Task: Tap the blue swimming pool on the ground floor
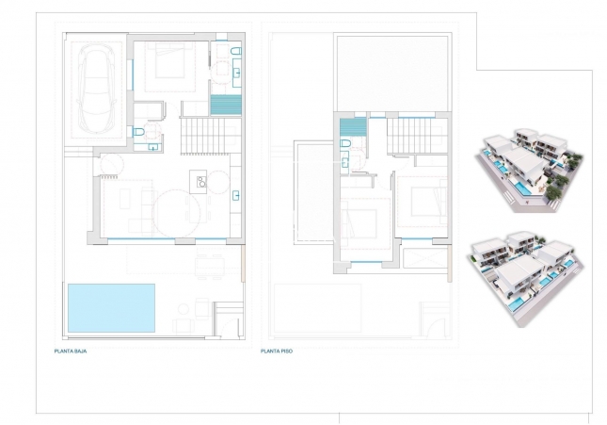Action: click(110, 306)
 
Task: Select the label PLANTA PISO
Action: click(279, 351)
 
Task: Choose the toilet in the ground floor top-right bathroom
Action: click(234, 49)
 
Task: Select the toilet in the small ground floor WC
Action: click(138, 135)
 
